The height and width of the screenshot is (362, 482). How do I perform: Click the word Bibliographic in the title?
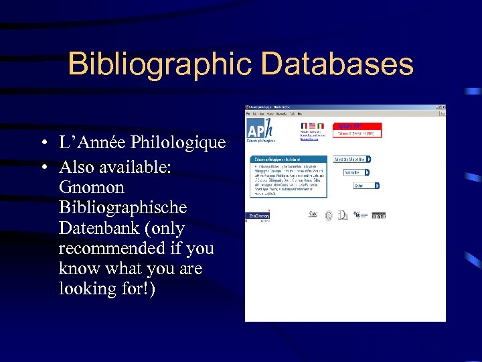click(159, 64)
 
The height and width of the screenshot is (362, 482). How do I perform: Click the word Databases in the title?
click(337, 64)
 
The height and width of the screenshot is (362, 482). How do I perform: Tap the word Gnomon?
click(92, 187)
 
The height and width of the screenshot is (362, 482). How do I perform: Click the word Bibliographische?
click(123, 208)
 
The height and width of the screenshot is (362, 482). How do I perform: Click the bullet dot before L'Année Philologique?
click(42, 143)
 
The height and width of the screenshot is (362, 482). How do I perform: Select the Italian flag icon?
click(321, 125)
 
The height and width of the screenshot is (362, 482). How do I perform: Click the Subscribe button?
click(354, 172)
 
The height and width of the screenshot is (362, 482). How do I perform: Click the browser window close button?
click(443, 107)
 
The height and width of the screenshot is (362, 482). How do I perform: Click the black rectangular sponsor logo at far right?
click(378, 215)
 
